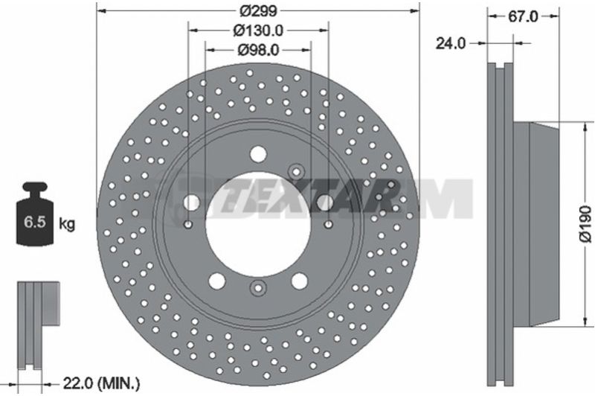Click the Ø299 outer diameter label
tap(258, 11)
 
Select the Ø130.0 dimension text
tap(258, 30)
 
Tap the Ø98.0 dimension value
tap(258, 49)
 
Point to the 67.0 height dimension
tap(524, 16)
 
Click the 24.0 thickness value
tap(451, 43)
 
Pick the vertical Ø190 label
tap(585, 224)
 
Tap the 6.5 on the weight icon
tap(35, 222)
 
